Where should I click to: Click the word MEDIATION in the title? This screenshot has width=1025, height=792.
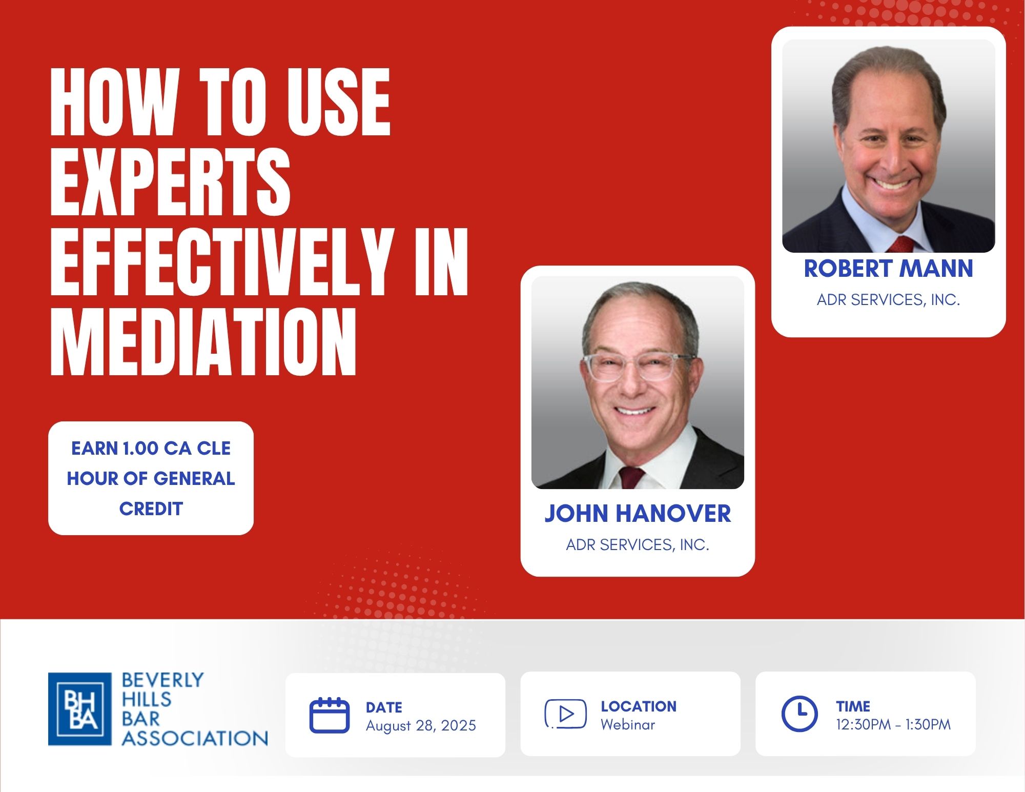coord(203,343)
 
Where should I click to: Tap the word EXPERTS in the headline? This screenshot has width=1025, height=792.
coord(170,182)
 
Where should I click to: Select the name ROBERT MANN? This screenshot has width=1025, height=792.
coord(888,269)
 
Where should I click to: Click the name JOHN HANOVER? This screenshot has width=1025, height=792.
coord(638,514)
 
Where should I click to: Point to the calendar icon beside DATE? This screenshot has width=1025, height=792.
coord(330,715)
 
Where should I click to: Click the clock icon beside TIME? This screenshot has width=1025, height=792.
coord(799,714)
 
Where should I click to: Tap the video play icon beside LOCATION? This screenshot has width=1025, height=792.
coord(565,714)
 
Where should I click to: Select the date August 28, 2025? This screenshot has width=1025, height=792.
coord(421,726)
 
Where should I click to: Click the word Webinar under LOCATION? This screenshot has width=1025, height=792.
coord(628,725)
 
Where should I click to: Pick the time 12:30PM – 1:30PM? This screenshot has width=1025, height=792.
coord(893,725)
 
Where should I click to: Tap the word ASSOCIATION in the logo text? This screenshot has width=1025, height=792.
coord(195,739)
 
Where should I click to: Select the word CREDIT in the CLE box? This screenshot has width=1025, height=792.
coord(151,509)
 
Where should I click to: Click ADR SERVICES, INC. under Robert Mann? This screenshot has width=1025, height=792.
coord(888,300)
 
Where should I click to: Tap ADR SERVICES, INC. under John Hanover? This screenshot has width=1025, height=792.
coord(638,545)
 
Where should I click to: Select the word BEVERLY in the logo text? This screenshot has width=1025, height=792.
coord(162,680)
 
